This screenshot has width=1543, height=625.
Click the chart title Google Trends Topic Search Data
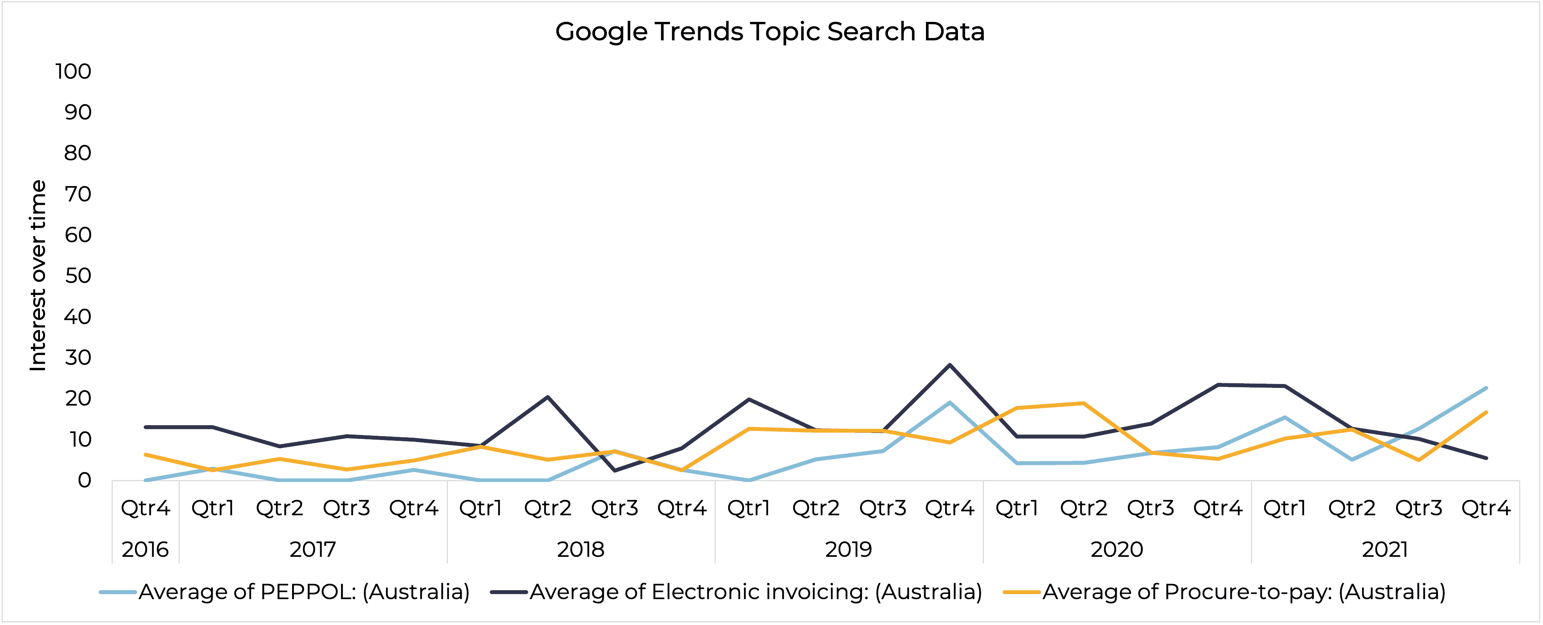pos(770,32)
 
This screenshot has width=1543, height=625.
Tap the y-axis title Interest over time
pos(38,275)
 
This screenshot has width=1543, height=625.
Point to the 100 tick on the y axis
pos(73,71)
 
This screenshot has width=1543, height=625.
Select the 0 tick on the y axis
pos(84,480)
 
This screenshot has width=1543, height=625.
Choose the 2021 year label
pos(1385,549)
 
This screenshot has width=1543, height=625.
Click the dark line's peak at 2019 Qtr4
pos(949,365)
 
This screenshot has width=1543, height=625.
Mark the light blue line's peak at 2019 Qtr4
pos(949,403)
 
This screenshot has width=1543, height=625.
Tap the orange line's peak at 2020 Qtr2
pos(1084,403)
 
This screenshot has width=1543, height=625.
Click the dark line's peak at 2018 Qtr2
pos(547,397)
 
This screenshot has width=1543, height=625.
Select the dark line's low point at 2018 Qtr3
pos(615,470)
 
